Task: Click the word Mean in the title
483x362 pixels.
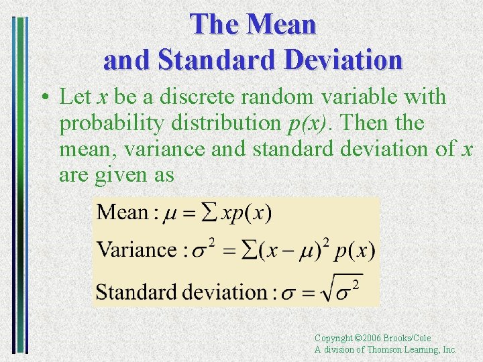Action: [x=282, y=25]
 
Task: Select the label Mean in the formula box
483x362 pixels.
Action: [x=123, y=213]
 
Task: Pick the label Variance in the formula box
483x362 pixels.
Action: [x=137, y=250]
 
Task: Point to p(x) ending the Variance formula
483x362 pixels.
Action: [x=356, y=251]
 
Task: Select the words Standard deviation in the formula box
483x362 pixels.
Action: [x=181, y=292]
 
